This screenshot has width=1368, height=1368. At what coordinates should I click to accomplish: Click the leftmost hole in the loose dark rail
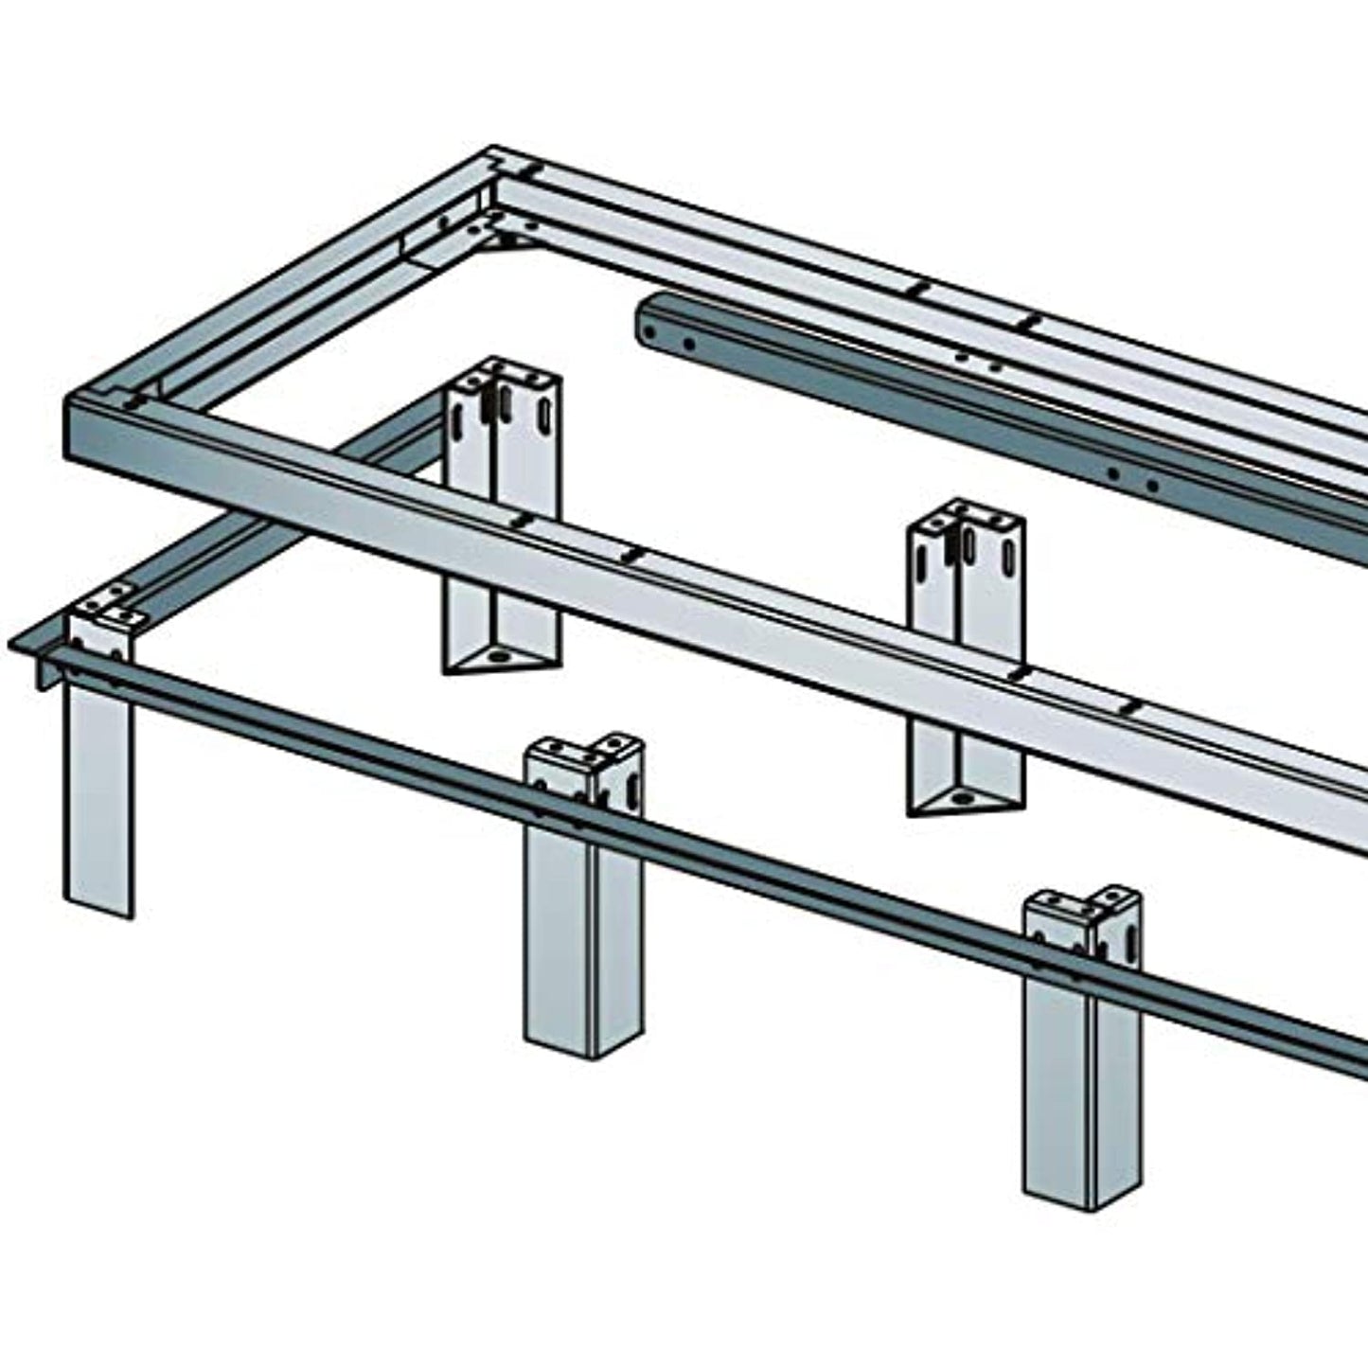(651, 333)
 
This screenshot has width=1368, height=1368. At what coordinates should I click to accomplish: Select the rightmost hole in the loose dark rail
(1152, 487)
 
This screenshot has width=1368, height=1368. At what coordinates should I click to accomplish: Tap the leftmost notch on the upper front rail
(519, 521)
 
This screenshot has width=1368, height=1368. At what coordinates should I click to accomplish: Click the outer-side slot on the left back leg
(545, 413)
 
